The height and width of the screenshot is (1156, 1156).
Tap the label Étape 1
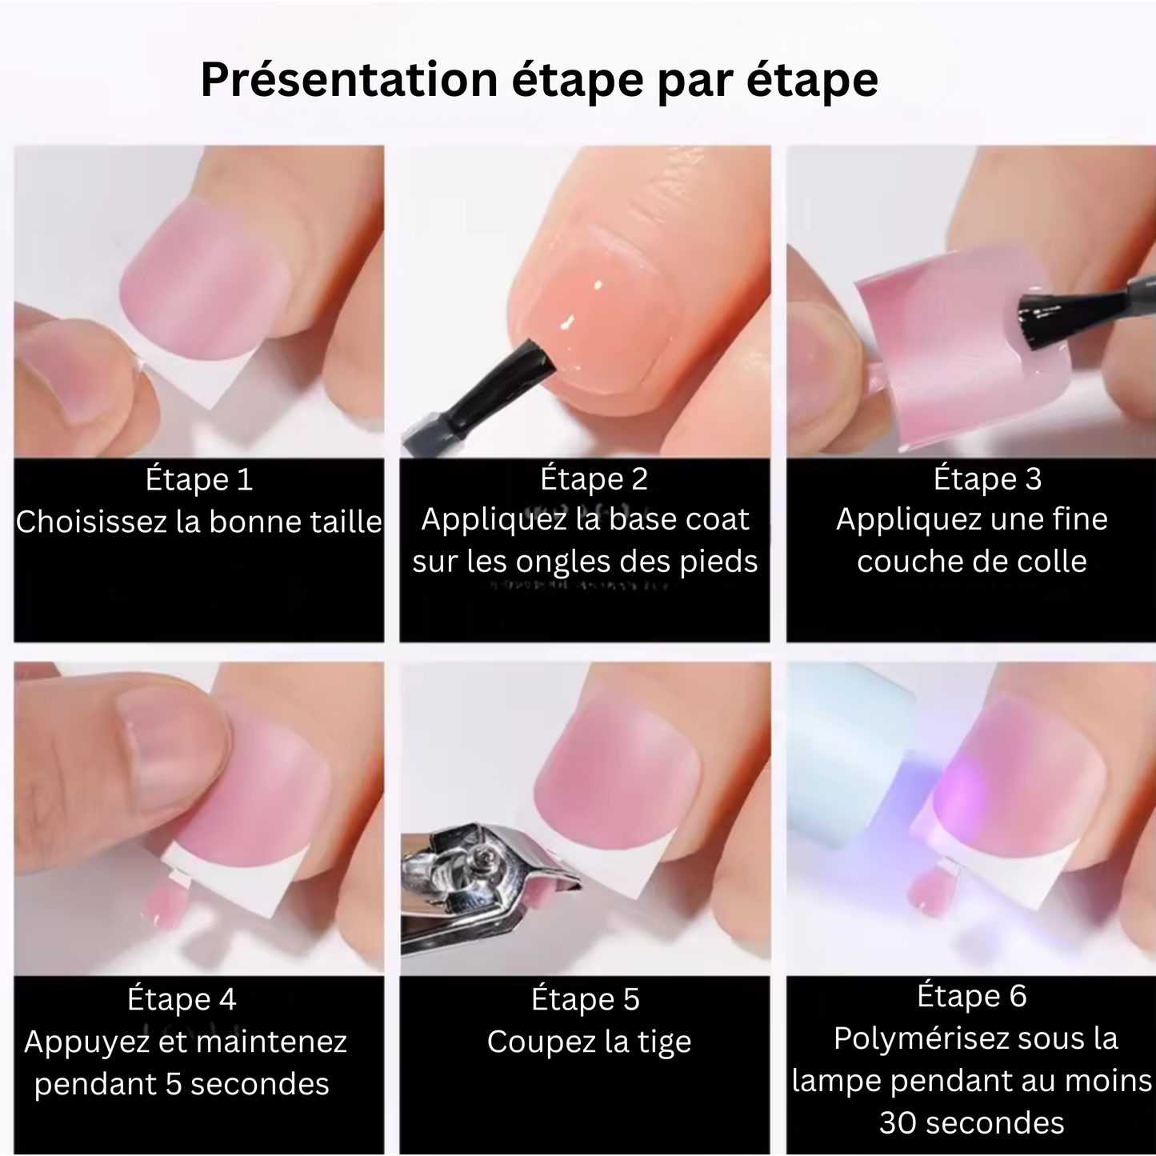[199, 480]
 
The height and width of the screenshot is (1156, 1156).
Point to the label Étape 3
[987, 478]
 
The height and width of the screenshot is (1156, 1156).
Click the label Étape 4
[182, 999]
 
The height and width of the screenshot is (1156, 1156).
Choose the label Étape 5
[586, 999]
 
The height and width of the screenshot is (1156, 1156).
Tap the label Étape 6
[971, 996]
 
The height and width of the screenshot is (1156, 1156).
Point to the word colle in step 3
[1051, 562]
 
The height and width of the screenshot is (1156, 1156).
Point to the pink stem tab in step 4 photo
[163, 899]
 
